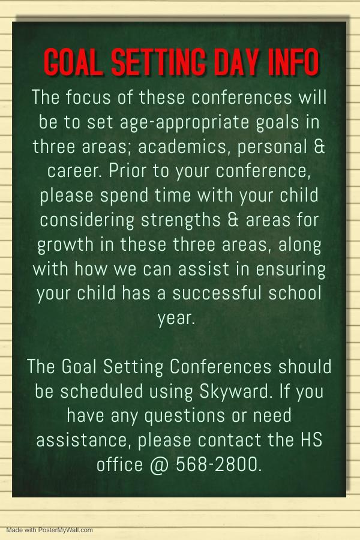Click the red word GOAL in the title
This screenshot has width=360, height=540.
pos(73,62)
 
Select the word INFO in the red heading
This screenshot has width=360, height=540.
pos(293,62)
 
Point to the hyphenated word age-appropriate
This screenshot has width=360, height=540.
pos(184,123)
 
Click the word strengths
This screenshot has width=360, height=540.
pos(181,220)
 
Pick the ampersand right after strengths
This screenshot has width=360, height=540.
pos(233,220)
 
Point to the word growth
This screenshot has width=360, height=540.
pos(65,245)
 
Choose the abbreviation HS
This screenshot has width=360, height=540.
pos(311,440)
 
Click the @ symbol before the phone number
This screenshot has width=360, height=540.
pos(160,465)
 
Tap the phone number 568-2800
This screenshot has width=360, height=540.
pos(218,464)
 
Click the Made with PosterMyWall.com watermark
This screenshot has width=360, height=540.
pos(49,530)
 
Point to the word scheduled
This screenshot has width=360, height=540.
pos(101,392)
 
